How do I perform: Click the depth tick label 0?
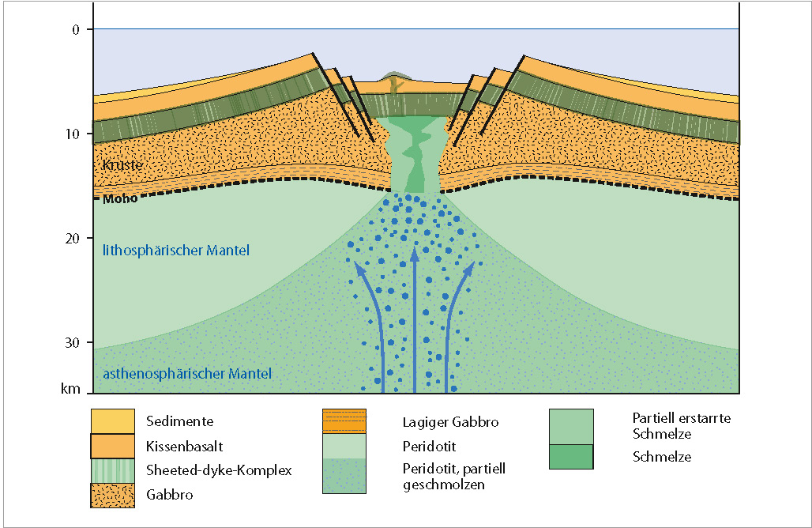(76, 29)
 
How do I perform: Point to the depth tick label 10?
(73, 134)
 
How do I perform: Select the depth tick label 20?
(73, 238)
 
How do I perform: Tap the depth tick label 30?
(73, 342)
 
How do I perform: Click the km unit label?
(73, 389)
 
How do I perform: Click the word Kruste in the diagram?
(122, 166)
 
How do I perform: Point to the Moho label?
(120, 198)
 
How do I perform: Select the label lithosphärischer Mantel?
(175, 251)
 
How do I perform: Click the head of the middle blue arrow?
(415, 255)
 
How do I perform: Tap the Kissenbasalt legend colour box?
(112, 446)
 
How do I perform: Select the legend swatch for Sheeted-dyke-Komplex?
(112, 470)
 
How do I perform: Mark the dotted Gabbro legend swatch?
(112, 494)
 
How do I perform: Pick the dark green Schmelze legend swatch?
(571, 457)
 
